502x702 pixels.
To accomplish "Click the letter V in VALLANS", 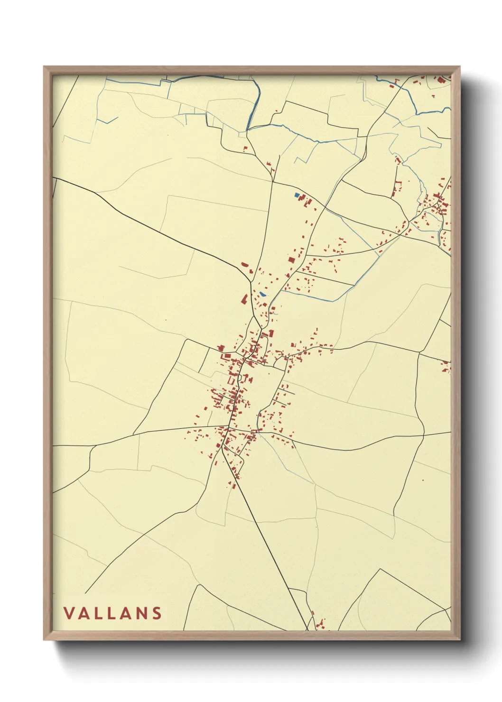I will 69,613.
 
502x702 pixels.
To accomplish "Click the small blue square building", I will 297,195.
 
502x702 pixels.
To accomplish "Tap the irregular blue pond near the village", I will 262,294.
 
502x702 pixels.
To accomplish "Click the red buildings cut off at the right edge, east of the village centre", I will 446,366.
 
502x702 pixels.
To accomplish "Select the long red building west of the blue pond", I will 244,300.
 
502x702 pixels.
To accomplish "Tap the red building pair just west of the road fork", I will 245,266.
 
